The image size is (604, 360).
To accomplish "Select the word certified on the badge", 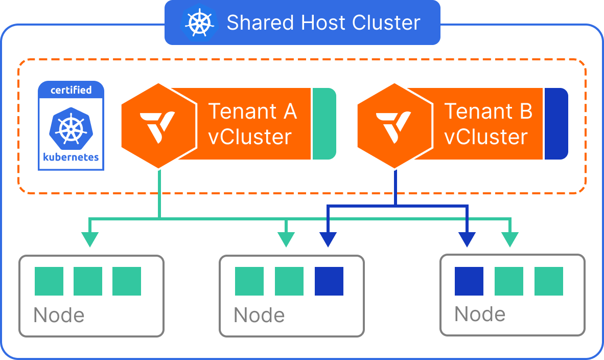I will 71,91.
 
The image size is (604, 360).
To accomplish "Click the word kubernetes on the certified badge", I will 71,156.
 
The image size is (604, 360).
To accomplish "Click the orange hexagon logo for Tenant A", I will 159,126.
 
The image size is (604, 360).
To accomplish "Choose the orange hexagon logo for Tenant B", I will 394,126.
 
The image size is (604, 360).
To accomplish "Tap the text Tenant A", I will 252,111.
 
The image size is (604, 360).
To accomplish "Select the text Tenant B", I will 488,111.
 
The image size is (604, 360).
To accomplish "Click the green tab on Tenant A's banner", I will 323,123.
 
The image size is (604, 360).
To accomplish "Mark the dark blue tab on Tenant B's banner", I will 556,123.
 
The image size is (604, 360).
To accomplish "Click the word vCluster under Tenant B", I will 485,137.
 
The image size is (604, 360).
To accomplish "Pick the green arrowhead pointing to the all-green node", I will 90,239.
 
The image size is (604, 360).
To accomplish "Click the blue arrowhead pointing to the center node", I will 328,239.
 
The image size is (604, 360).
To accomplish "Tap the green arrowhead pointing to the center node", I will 286,239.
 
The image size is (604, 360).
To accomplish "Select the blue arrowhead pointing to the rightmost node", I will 467,239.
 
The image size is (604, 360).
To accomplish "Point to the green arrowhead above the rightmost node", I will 509,239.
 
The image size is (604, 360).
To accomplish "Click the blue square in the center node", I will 329,281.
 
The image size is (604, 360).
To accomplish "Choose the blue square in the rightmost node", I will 469,281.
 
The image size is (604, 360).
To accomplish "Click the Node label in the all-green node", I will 59,315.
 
